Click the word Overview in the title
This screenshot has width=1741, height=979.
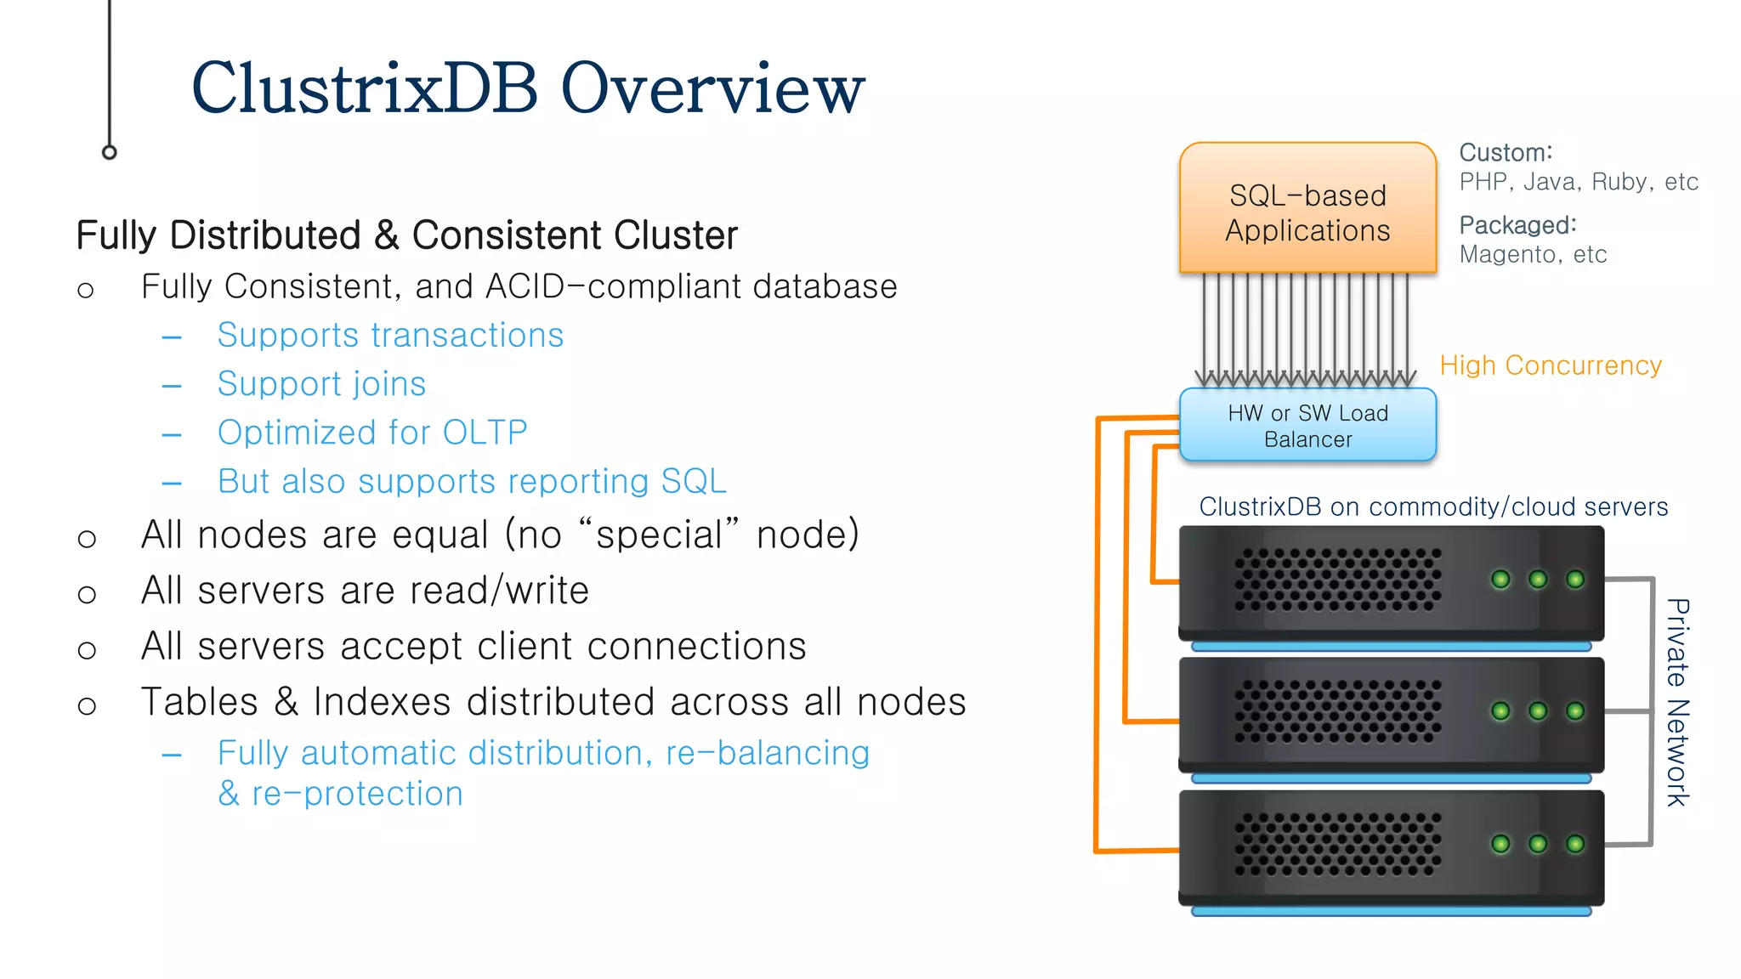[712, 88]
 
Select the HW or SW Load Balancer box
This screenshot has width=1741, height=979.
[1307, 426]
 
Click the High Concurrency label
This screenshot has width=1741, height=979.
[1550, 365]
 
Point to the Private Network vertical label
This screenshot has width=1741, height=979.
[1676, 702]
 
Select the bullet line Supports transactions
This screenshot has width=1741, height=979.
[390, 336]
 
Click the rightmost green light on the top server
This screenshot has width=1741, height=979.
[1575, 580]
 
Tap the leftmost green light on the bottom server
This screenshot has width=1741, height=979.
[1501, 844]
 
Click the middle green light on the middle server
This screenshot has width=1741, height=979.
[1538, 711]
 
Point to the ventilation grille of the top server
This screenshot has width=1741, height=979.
[1337, 580]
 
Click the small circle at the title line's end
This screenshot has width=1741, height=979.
[109, 152]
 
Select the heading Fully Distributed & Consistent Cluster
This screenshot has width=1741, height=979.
[406, 235]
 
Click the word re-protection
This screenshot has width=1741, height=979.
[357, 795]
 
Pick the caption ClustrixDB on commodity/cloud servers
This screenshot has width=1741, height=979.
[1433, 507]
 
